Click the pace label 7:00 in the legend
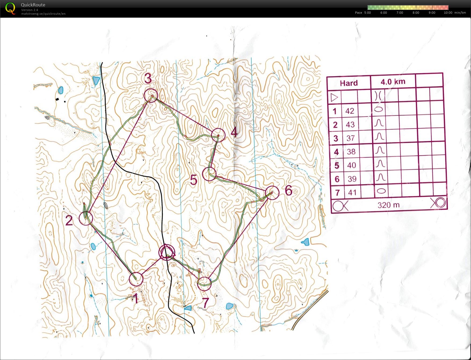tap(400, 13)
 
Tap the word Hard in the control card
tap(349, 83)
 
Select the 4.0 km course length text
tap(393, 82)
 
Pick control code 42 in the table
tap(350, 111)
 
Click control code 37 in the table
tap(350, 138)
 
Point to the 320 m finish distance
tap(388, 205)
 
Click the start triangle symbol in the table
tap(334, 97)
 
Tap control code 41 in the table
tap(352, 192)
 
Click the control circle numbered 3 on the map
tap(150, 96)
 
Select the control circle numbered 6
tap(272, 193)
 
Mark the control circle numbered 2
tap(86, 218)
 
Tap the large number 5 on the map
tap(194, 180)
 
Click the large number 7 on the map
tap(205, 303)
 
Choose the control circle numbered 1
tap(136, 279)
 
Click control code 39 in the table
tap(352, 179)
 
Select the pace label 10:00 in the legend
tap(448, 13)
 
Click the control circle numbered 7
tap(204, 284)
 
